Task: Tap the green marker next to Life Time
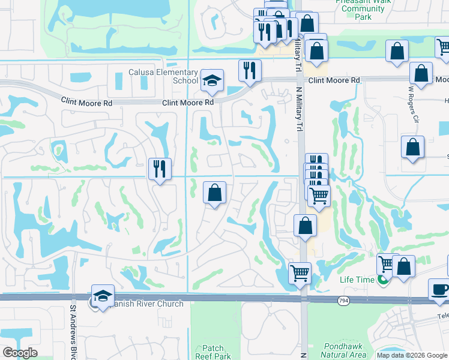(x=381, y=280)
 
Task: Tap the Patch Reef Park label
(x=213, y=352)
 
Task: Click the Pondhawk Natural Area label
(x=344, y=350)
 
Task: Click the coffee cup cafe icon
(x=440, y=289)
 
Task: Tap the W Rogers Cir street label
(x=412, y=104)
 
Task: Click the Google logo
(x=20, y=353)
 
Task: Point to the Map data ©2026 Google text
(x=412, y=355)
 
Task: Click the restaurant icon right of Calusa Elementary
(x=250, y=70)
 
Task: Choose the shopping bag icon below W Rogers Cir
(x=413, y=146)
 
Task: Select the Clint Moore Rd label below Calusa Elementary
(x=188, y=103)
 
